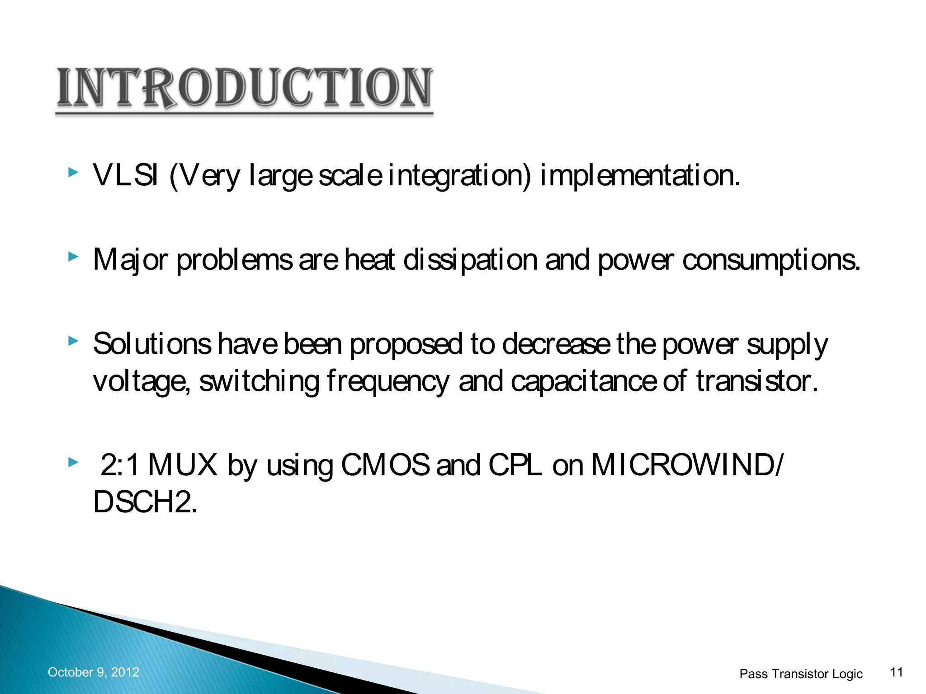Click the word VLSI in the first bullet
click(x=126, y=175)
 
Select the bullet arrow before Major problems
click(x=73, y=257)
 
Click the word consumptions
click(x=770, y=260)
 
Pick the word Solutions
click(x=152, y=344)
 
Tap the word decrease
click(x=556, y=344)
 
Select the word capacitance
click(x=583, y=382)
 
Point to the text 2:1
click(x=119, y=465)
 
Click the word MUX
click(x=183, y=465)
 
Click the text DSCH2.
click(x=145, y=502)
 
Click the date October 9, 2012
click(x=94, y=672)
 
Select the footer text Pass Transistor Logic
click(x=801, y=674)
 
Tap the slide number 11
click(x=896, y=672)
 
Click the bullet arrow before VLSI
click(x=73, y=172)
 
